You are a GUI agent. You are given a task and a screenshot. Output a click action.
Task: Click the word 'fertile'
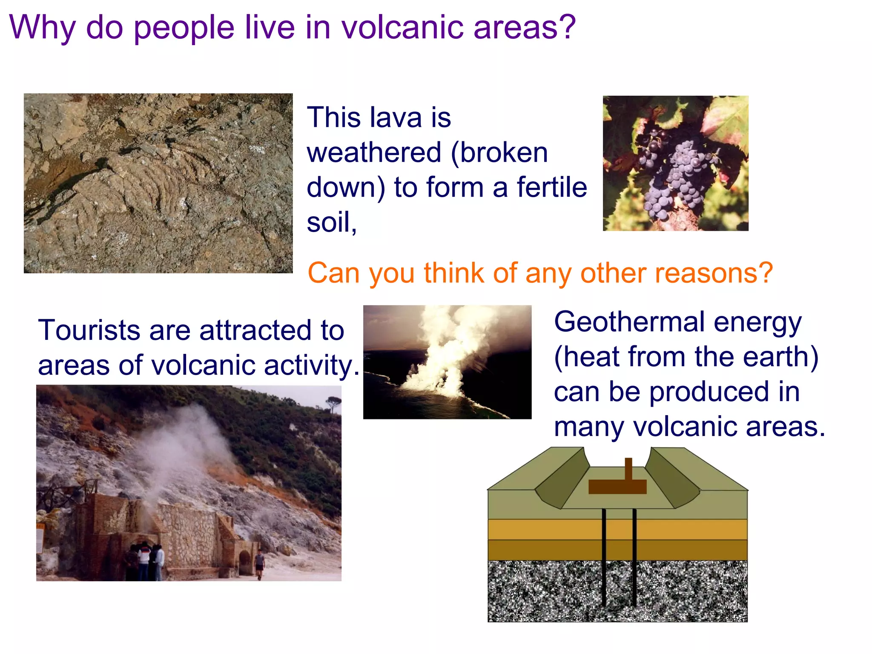click(x=552, y=187)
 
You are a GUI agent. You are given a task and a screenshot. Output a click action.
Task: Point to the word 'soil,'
click(x=331, y=222)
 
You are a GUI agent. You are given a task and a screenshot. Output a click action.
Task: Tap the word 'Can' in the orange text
click(x=335, y=272)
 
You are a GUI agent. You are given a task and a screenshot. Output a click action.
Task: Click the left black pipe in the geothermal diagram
click(x=604, y=558)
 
